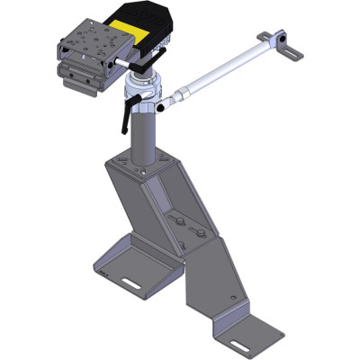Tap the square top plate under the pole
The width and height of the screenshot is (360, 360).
[x=139, y=166]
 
